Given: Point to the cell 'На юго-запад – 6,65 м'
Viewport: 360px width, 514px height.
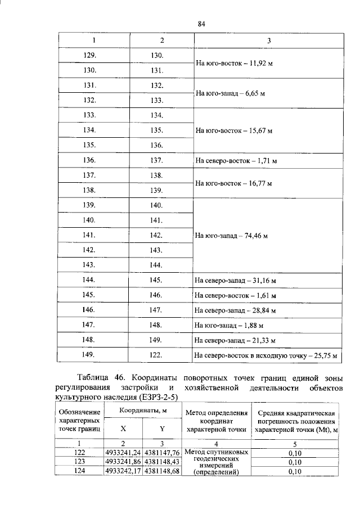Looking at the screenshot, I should click(231, 94).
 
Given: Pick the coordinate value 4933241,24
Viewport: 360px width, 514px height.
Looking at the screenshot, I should click(123, 452).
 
